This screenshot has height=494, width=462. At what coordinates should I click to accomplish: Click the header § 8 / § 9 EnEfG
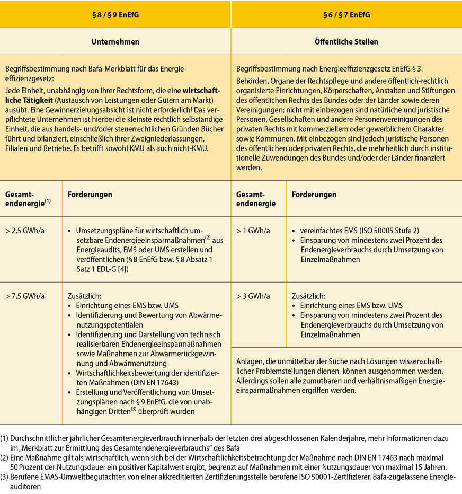(x=115, y=15)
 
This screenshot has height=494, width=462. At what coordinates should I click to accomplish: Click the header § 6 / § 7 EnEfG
(x=346, y=15)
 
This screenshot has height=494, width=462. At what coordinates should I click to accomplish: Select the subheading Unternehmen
(x=115, y=41)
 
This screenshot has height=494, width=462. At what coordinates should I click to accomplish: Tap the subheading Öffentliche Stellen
(x=346, y=41)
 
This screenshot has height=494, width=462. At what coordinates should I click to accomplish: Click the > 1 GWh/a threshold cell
(x=253, y=231)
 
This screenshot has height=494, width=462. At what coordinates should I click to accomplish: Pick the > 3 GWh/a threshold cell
(x=253, y=296)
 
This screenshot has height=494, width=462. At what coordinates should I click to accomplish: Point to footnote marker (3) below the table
(x=5, y=477)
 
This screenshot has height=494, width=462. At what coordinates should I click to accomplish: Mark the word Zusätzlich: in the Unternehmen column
(x=84, y=296)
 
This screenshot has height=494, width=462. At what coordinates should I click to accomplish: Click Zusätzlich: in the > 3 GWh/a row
(x=308, y=296)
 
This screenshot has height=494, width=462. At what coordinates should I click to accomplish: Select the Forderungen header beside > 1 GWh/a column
(x=314, y=195)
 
